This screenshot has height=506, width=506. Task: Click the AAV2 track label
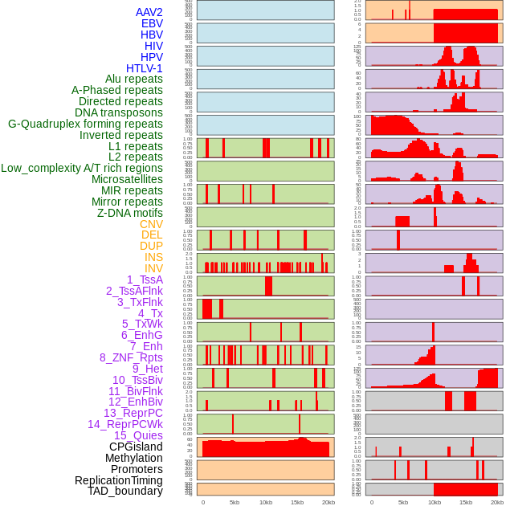[x=149, y=12]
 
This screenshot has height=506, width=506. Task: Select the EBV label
[x=152, y=23]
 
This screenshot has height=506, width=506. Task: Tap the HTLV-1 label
[x=145, y=68]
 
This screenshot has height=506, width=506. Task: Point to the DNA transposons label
[x=119, y=112]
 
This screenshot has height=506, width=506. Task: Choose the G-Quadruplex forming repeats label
[x=85, y=124]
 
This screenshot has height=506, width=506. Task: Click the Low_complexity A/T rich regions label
[x=82, y=168]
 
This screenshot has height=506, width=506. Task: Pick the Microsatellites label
[x=127, y=179]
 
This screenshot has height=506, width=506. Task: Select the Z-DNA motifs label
[x=130, y=213]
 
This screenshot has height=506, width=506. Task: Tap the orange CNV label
[x=151, y=224]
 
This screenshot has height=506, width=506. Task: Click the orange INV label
[x=153, y=268]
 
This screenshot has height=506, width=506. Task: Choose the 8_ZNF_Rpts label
[x=131, y=357]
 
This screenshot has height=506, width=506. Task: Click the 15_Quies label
[x=138, y=435]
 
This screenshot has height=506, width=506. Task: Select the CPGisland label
[x=136, y=447]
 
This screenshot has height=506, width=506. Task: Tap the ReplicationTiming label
[x=118, y=480]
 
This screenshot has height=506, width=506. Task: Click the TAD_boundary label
[x=125, y=491]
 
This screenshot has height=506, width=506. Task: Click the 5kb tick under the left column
[x=235, y=502]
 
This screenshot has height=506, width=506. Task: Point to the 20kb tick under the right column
[x=497, y=502]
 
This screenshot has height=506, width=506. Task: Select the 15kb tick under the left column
[x=297, y=502]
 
